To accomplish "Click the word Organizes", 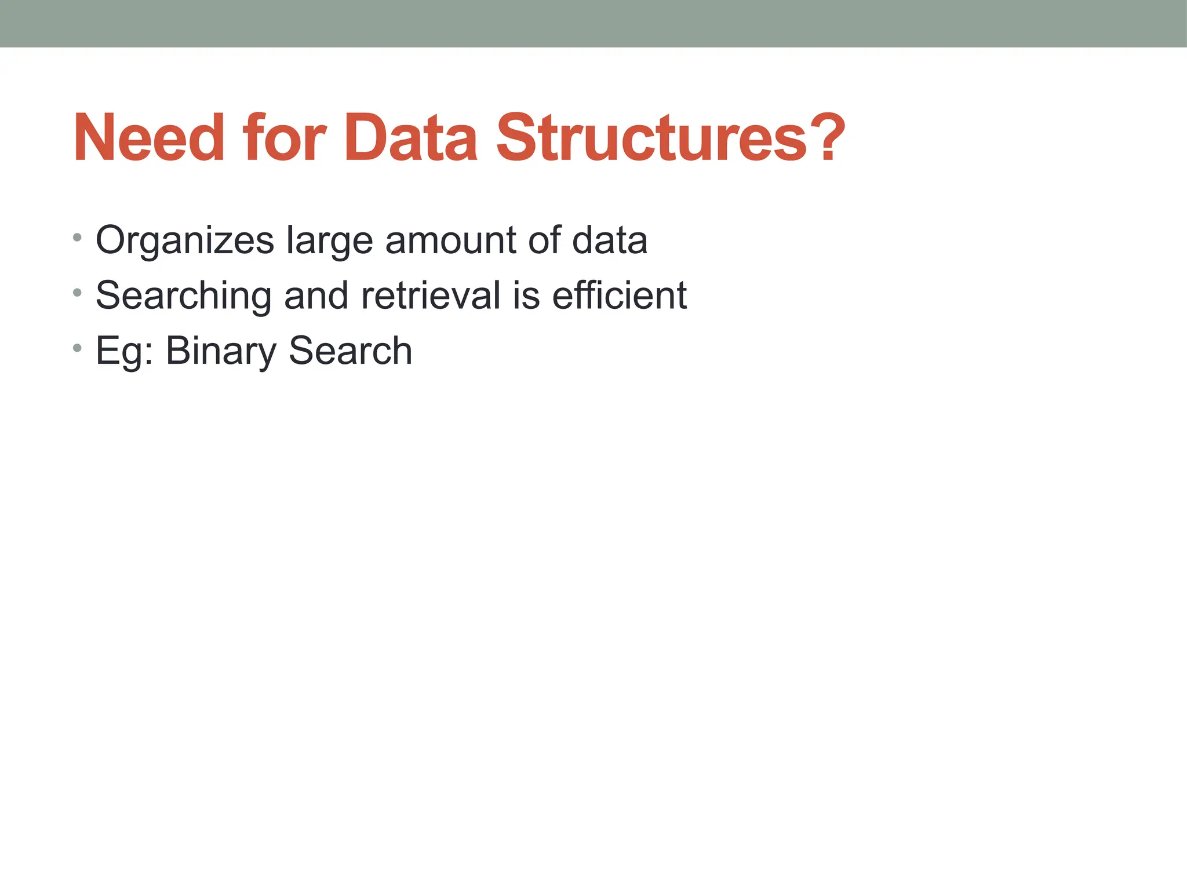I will coord(184,240).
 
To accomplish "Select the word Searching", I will coord(183,296).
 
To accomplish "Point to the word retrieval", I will coord(431,295).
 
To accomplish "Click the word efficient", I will coord(618,295).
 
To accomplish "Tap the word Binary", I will coord(221,351).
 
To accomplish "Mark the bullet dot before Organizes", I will coord(78,237).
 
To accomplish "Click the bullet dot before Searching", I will coord(78,293).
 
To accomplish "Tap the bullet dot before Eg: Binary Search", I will coord(78,348).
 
